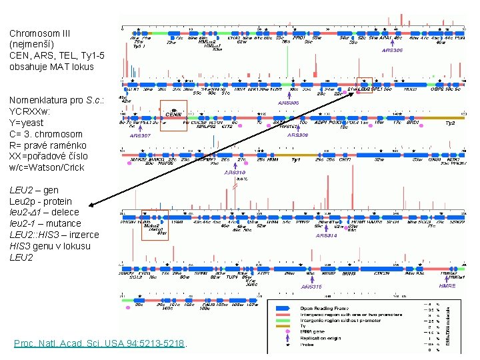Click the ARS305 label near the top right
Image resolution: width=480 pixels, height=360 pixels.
click(x=393, y=51)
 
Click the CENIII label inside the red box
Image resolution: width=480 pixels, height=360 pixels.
click(x=174, y=115)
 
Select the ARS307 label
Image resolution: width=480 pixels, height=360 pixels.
click(x=140, y=135)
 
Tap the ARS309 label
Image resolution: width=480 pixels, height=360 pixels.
click(x=298, y=135)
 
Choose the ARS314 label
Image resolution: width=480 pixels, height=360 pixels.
click(x=327, y=235)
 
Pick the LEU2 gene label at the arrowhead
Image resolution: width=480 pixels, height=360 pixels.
click(x=364, y=89)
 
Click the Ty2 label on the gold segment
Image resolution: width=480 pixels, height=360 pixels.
click(x=450, y=123)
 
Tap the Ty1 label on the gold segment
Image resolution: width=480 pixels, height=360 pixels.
click(x=296, y=160)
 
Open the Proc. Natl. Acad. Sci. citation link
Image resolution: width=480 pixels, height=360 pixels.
click(x=99, y=343)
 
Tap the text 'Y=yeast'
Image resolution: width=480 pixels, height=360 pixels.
click(x=27, y=122)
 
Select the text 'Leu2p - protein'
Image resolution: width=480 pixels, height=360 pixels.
click(x=41, y=201)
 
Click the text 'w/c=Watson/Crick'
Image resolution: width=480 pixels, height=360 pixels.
click(x=47, y=167)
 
